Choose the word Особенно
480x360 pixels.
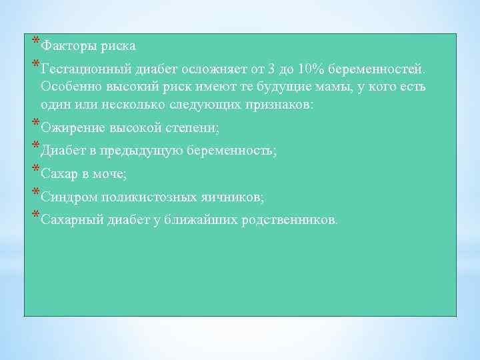[x=68, y=87]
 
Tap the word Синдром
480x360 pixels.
[x=66, y=197]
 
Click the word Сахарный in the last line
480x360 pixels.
[x=70, y=220]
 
